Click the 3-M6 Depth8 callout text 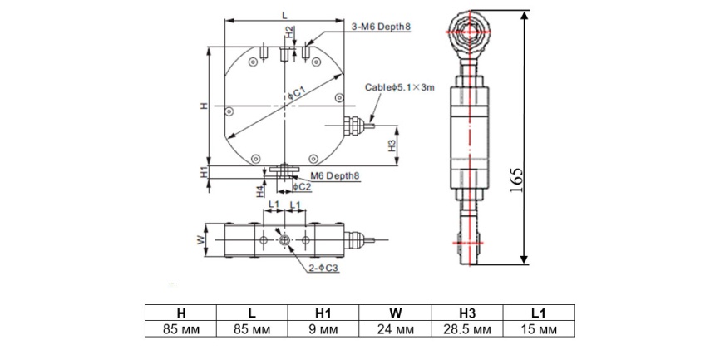(x=381, y=27)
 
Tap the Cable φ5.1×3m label (x=399, y=87)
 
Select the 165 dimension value (x=517, y=181)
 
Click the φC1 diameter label (x=296, y=94)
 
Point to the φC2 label (x=302, y=186)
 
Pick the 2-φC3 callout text (x=323, y=269)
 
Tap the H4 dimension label (x=260, y=190)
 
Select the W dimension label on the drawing (x=200, y=240)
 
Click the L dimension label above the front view (x=284, y=15)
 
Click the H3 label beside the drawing (x=392, y=146)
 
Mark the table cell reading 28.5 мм (x=467, y=329)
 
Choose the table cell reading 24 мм (x=396, y=329)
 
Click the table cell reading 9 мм (x=323, y=329)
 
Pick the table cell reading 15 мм (x=539, y=329)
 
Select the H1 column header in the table (x=323, y=313)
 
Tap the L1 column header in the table (x=539, y=313)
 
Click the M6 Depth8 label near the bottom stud (x=335, y=175)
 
